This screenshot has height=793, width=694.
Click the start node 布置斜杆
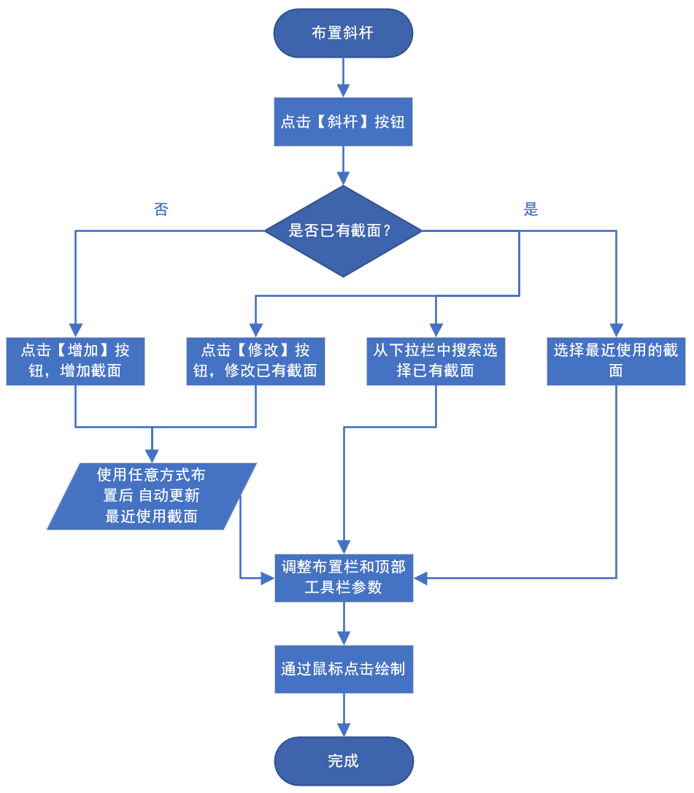(x=343, y=33)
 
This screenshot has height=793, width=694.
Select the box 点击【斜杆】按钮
(x=343, y=122)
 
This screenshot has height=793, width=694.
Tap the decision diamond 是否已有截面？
(x=343, y=231)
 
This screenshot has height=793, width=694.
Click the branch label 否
(x=161, y=210)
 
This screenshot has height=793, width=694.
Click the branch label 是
(x=531, y=210)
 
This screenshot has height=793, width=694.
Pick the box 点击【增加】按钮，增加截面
(x=75, y=360)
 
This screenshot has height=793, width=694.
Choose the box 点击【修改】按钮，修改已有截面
(x=255, y=360)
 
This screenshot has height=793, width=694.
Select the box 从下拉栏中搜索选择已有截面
(x=436, y=360)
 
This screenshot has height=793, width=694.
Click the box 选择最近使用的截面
(x=616, y=360)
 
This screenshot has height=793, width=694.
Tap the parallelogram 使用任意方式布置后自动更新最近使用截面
(x=152, y=496)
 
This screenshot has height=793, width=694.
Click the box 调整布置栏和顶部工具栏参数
(x=344, y=578)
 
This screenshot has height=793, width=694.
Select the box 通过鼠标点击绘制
(x=344, y=669)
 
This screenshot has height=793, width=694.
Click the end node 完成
(x=344, y=761)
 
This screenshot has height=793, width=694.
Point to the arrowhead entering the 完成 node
(x=344, y=730)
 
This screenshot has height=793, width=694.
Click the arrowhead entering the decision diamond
(x=343, y=179)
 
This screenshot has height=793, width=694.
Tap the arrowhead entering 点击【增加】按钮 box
(x=75, y=330)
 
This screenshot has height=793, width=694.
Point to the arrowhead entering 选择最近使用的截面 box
(x=616, y=330)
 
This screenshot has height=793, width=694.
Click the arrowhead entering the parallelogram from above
(x=152, y=457)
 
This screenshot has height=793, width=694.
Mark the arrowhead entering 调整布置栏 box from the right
(x=421, y=578)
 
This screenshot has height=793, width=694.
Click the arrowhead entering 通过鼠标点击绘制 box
(x=344, y=638)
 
